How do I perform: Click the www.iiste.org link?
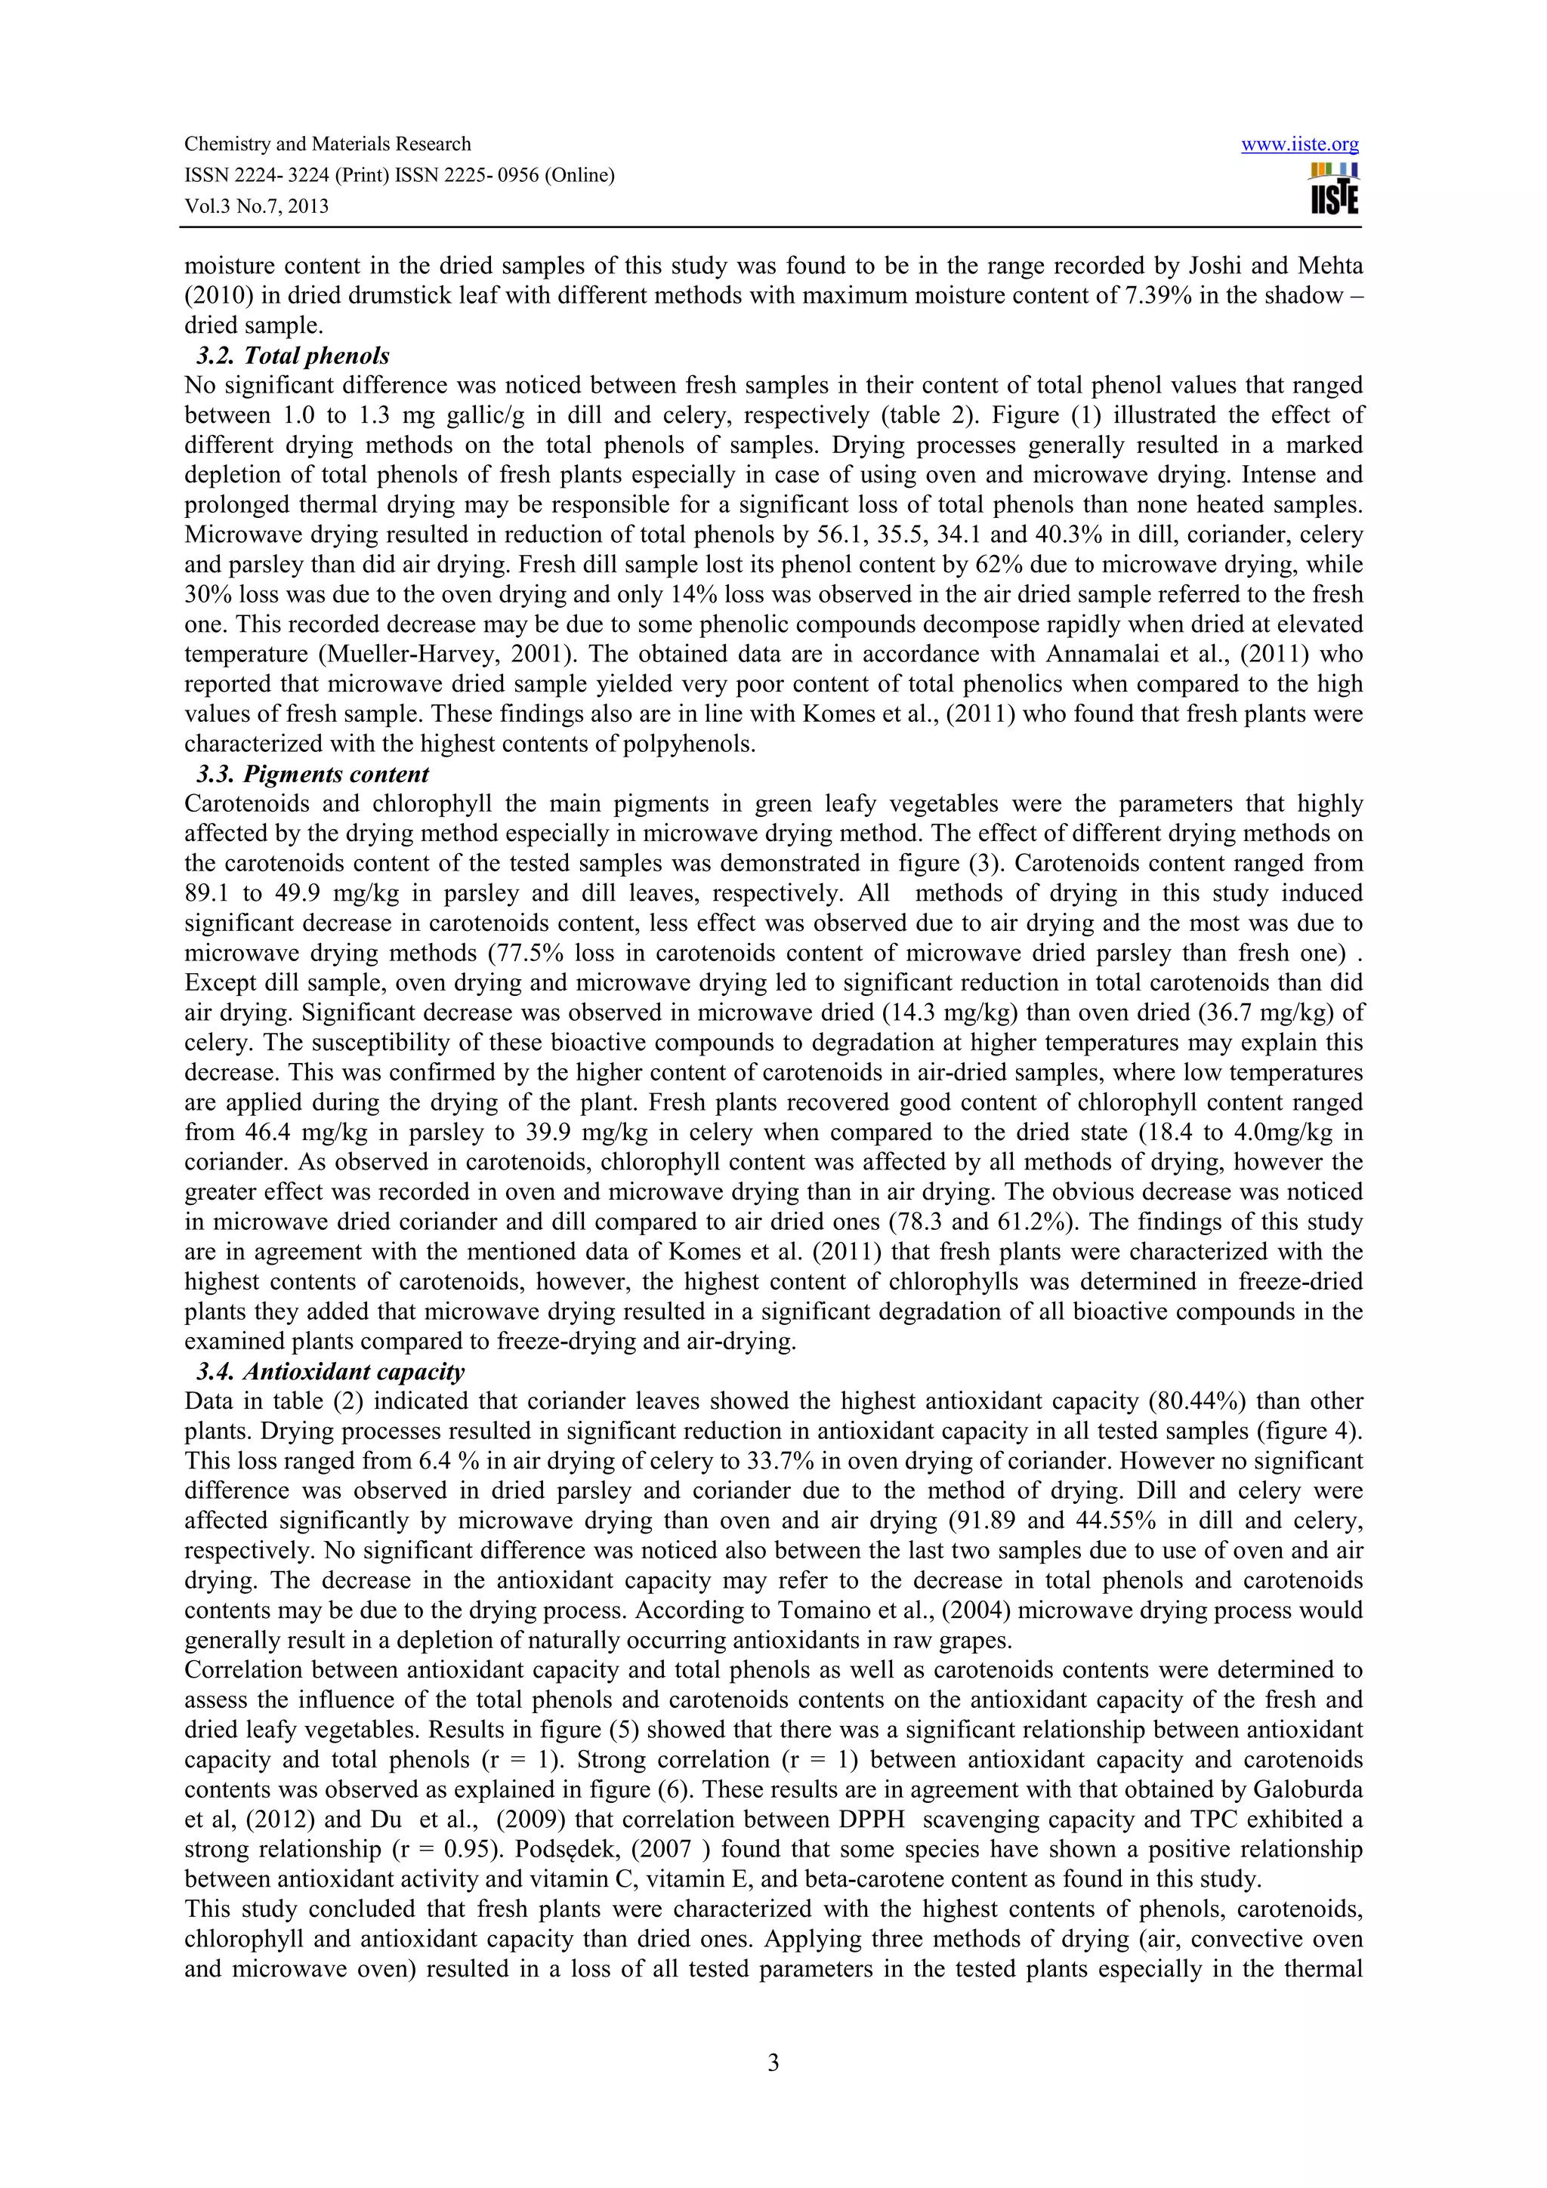pyautogui.click(x=1299, y=145)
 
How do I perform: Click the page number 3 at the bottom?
pyautogui.click(x=773, y=2063)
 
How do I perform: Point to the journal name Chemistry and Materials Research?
pyautogui.click(x=327, y=144)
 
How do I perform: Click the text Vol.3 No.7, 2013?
pyautogui.click(x=255, y=206)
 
